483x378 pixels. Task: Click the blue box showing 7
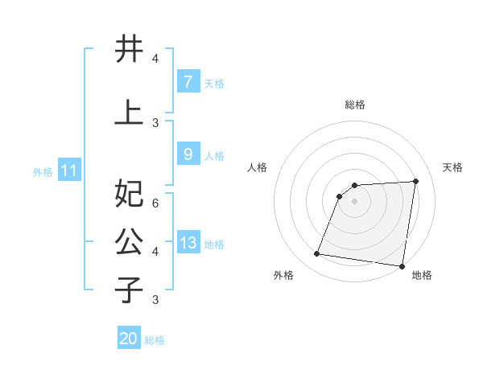pyautogui.click(x=188, y=81)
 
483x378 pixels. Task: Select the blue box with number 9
pyautogui.click(x=188, y=154)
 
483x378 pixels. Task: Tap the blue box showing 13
pyautogui.click(x=188, y=243)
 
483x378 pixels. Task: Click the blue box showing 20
pyautogui.click(x=129, y=339)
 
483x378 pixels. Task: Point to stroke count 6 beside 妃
pyautogui.click(x=155, y=203)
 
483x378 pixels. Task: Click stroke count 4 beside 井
pyautogui.click(x=155, y=59)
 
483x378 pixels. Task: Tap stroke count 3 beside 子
pyautogui.click(x=155, y=299)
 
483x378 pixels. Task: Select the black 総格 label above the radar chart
pyautogui.click(x=354, y=105)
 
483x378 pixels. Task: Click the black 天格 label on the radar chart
pyautogui.click(x=452, y=167)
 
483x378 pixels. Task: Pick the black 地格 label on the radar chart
pyautogui.click(x=422, y=275)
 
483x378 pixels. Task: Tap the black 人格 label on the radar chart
pyautogui.click(x=258, y=167)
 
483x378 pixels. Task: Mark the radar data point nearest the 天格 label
pyautogui.click(x=415, y=181)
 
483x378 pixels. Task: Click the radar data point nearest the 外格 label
pyautogui.click(x=317, y=254)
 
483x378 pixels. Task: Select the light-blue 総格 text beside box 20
pyautogui.click(x=155, y=340)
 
